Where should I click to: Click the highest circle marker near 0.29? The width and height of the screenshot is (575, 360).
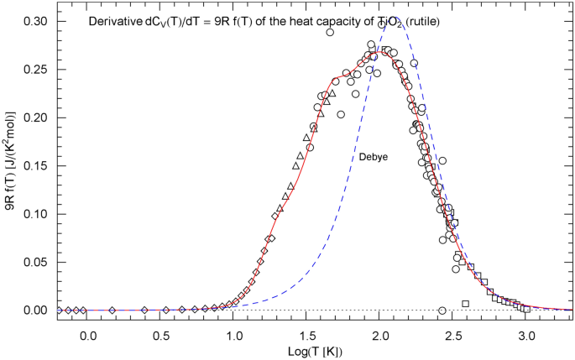(330, 33)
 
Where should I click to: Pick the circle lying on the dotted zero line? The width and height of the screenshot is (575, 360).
(442, 310)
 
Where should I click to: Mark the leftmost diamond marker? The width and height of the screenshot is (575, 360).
(59, 310)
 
